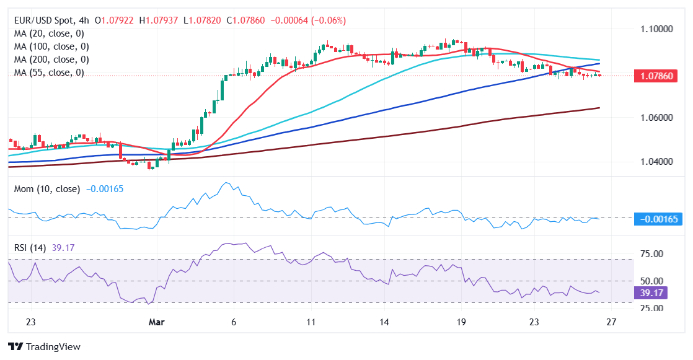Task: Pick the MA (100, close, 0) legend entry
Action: click(x=51, y=46)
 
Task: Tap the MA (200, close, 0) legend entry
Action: click(x=51, y=59)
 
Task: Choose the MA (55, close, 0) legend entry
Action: click(x=48, y=72)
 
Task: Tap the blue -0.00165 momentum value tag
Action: click(x=659, y=218)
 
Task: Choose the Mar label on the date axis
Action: click(x=157, y=322)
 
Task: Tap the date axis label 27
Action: click(x=611, y=322)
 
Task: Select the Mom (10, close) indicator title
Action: click(x=46, y=189)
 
